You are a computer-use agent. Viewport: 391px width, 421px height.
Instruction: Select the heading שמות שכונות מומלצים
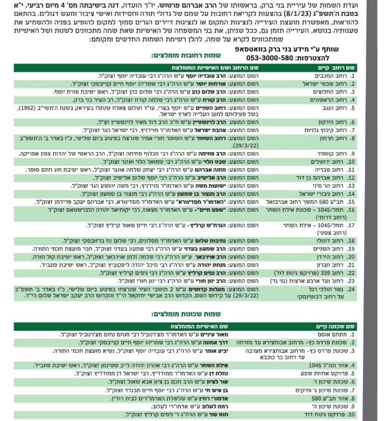192,314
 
